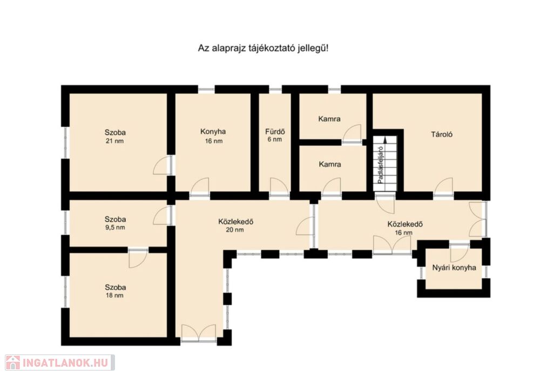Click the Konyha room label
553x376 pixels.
pos(213,132)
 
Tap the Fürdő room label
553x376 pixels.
pos(275,132)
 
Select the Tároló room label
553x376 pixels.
pos(442,134)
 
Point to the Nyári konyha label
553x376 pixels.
pos(454,268)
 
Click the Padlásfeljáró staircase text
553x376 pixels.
pos(380,165)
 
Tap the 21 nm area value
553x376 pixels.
pos(115,141)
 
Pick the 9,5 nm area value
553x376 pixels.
pos(116,227)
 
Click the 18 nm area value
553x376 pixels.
pos(114,295)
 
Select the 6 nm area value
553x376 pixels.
pos(275,140)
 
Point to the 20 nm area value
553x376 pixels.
pos(235,230)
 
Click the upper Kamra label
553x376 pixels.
pos(329,119)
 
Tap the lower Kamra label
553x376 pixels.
pos(330,164)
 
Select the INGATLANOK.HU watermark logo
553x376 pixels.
pos(59,363)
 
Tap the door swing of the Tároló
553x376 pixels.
pos(444,187)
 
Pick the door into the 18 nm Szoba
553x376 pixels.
pos(138,259)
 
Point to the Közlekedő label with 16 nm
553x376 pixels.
pos(405,224)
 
